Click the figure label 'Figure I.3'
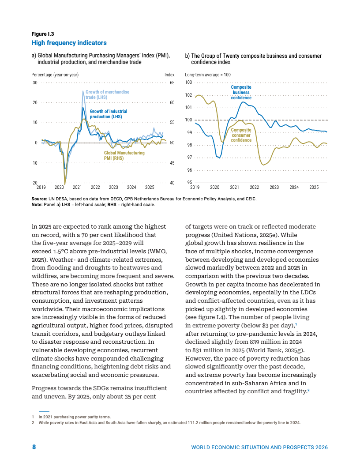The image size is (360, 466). (42, 34)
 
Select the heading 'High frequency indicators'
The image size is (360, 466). (69, 43)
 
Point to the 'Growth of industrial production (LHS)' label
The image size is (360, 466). (109, 114)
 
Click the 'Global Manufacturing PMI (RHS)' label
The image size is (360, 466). (124, 155)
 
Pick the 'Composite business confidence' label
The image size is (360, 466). (241, 92)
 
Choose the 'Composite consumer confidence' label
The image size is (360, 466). (241, 135)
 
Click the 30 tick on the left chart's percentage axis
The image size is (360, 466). (34, 83)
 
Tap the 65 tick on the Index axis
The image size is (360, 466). (172, 83)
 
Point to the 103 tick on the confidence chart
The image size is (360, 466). (188, 83)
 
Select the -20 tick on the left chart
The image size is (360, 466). (34, 183)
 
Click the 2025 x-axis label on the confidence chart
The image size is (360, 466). (314, 187)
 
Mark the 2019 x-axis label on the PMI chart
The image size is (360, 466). (41, 187)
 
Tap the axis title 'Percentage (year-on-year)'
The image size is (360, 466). (55, 75)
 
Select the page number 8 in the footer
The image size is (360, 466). (34, 447)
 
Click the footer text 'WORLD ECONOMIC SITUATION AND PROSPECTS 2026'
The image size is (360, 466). (259, 447)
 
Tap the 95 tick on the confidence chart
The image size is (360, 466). (189, 183)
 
